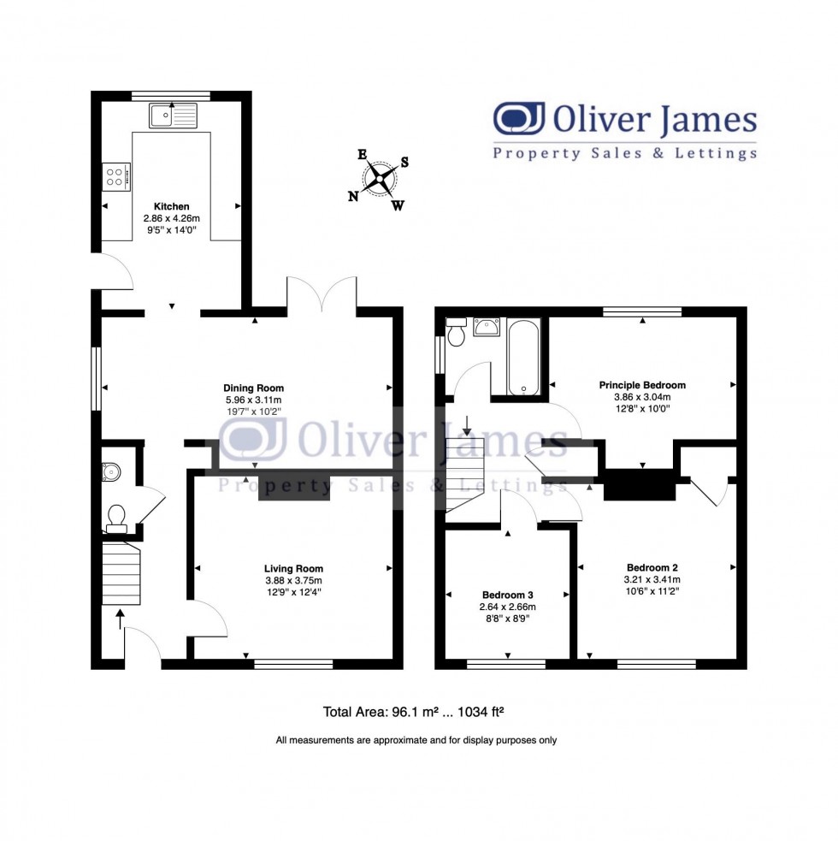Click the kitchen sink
[172, 115]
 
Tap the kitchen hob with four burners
[115, 176]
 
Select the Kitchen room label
[171, 207]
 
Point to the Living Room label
[293, 568]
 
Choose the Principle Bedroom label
[641, 385]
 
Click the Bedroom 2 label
[652, 567]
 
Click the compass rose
[380, 180]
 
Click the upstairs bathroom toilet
[457, 332]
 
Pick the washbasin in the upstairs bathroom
[487, 327]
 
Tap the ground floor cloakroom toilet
[115, 516]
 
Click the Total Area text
[417, 711]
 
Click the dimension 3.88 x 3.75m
[293, 580]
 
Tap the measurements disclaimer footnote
[416, 740]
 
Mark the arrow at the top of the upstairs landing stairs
[468, 423]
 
